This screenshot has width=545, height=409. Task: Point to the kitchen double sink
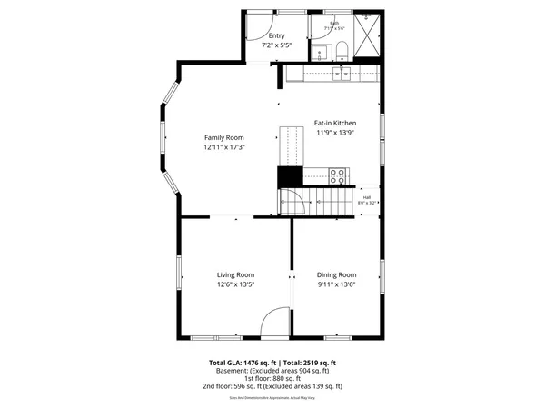pyautogui.click(x=342, y=75)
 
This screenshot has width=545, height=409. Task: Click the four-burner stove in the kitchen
pyautogui.click(x=337, y=175)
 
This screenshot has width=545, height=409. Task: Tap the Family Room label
pyautogui.click(x=223, y=138)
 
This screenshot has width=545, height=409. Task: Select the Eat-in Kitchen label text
pyautogui.click(x=335, y=123)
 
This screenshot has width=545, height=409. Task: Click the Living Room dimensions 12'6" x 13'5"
pyautogui.click(x=235, y=284)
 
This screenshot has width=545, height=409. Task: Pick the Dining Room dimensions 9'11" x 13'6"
pyautogui.click(x=336, y=284)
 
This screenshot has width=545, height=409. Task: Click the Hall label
pyautogui.click(x=367, y=197)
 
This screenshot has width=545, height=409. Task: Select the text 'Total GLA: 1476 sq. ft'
pyautogui.click(x=239, y=363)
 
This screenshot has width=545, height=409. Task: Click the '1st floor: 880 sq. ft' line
pyautogui.click(x=272, y=378)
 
